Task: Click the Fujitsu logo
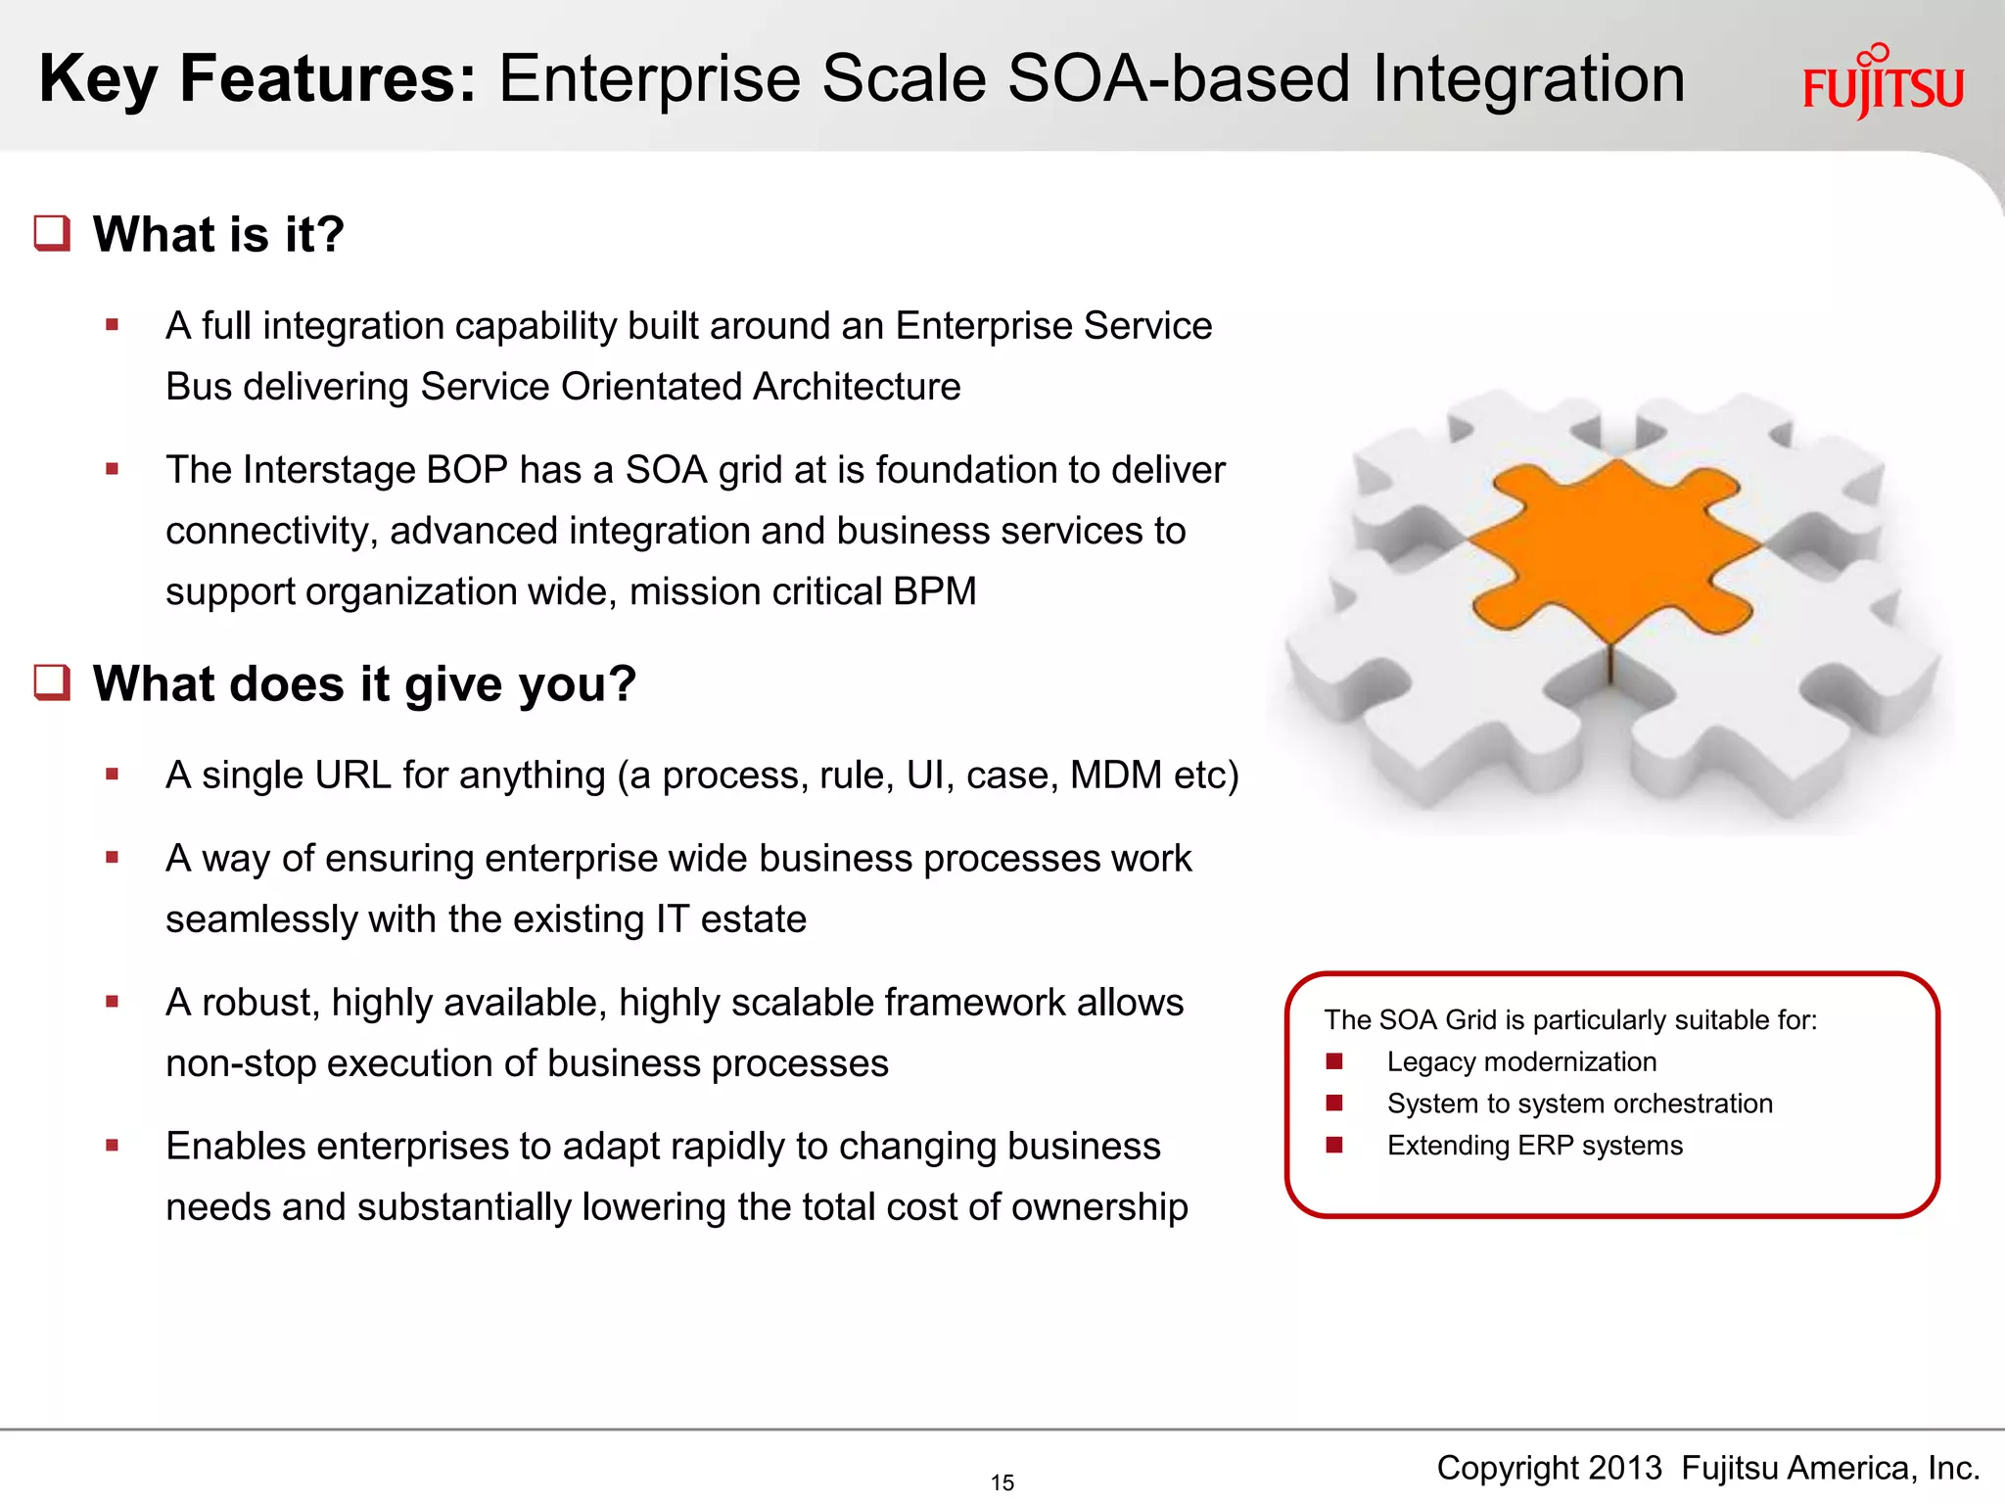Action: click(1882, 84)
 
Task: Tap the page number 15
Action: click(1002, 1482)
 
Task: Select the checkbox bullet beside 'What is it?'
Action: click(52, 233)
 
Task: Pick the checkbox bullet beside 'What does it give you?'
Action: click(52, 682)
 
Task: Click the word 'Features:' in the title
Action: click(328, 78)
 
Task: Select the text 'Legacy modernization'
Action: click(1521, 1061)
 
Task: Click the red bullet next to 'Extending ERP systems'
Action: click(1333, 1145)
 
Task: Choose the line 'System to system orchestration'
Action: click(1579, 1104)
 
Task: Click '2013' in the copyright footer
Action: click(1624, 1468)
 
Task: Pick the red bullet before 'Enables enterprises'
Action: click(113, 1145)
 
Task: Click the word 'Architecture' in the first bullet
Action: click(857, 387)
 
